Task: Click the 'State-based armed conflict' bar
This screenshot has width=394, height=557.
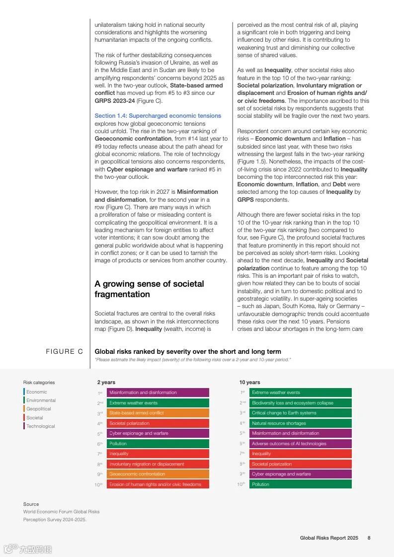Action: click(158, 413)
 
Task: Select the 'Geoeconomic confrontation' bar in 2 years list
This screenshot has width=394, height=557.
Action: click(158, 474)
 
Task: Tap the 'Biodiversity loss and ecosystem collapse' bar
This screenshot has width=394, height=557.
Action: click(300, 403)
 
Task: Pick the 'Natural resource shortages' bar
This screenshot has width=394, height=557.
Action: click(300, 423)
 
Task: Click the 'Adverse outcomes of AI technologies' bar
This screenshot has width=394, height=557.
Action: click(300, 444)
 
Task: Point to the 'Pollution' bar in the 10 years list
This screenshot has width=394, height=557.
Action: click(300, 484)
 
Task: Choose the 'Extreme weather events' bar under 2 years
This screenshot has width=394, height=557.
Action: click(158, 403)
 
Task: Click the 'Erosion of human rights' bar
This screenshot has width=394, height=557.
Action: click(158, 484)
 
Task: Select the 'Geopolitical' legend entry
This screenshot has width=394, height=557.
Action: click(38, 409)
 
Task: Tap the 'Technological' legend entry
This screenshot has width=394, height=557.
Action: click(40, 426)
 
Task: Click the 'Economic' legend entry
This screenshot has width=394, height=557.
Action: click(36, 392)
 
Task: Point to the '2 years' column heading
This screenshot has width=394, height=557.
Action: click(106, 382)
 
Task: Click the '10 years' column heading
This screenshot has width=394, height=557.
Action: click(249, 382)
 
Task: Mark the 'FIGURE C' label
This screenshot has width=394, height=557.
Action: click(64, 352)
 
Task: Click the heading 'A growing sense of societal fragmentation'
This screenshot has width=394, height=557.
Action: click(149, 289)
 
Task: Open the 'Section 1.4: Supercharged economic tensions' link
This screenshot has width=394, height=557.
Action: click(158, 116)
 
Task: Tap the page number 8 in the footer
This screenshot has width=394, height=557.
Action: click(369, 538)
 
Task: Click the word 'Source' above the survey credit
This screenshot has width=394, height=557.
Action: click(31, 504)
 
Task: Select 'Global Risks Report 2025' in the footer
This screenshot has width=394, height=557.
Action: click(328, 538)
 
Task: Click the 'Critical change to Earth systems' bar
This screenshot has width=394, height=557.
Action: click(300, 413)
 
